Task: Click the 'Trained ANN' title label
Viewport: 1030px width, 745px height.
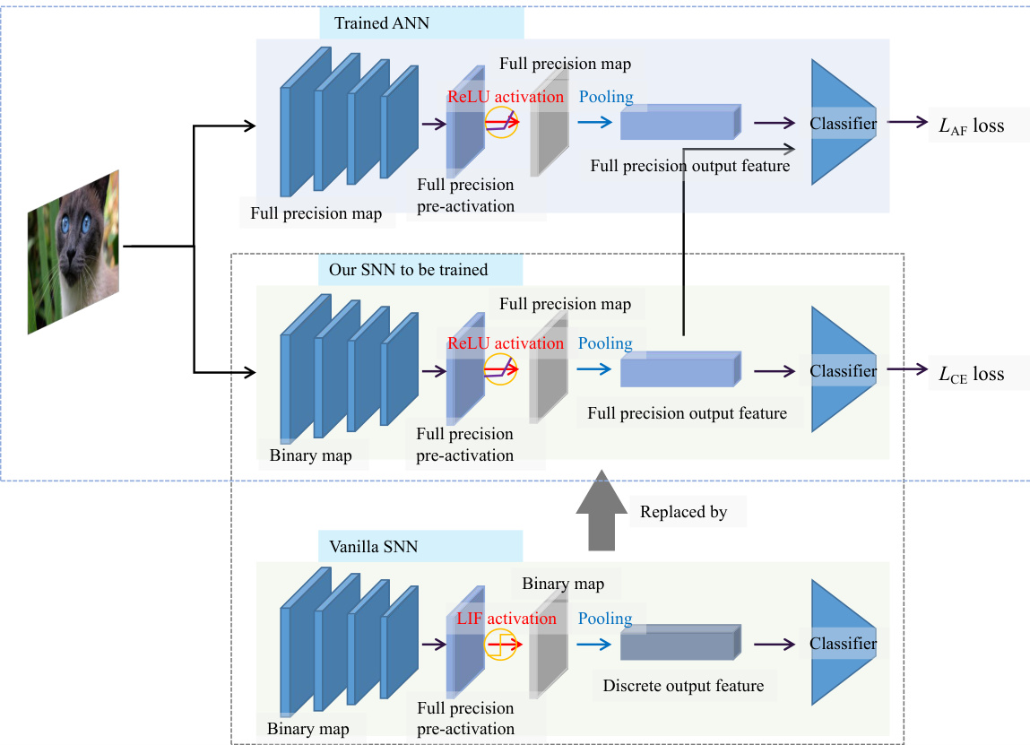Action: coord(382,23)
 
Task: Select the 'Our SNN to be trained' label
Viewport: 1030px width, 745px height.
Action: coord(402,269)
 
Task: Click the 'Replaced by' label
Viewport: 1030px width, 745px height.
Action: coord(683,513)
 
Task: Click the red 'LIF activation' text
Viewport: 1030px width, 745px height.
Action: coord(506,619)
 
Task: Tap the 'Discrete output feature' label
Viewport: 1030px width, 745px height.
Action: coord(683,686)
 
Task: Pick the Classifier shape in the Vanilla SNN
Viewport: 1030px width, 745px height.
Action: coord(841,643)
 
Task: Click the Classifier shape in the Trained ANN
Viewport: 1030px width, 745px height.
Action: coord(841,123)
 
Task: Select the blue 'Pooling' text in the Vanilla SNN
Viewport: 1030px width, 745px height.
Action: coord(605,619)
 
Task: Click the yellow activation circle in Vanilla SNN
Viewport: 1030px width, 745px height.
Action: coord(500,644)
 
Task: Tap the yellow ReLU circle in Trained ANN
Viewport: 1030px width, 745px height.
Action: coord(500,123)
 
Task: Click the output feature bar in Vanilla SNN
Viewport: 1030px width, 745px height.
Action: coord(679,644)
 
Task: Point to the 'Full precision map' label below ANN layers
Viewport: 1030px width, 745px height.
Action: coord(316,213)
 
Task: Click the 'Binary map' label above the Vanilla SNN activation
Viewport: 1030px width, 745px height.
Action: coord(563,584)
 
